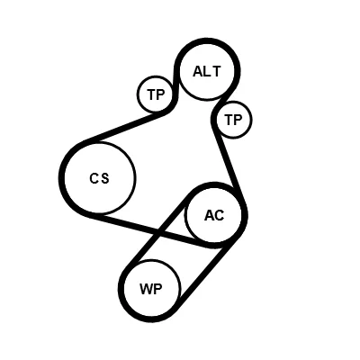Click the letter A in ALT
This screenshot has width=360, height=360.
198,71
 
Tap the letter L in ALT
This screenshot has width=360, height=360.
207,71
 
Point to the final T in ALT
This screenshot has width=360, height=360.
216,71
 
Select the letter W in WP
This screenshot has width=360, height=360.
146,289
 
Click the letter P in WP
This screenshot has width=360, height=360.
158,289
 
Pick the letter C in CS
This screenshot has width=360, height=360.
94,178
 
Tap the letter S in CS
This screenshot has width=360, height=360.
104,178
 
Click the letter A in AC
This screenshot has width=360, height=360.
210,215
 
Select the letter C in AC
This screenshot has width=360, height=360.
220,215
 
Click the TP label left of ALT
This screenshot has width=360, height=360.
156,94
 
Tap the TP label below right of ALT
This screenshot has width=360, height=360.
233,120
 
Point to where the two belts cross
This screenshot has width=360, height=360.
158,232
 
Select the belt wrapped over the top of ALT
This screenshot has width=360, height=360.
207,41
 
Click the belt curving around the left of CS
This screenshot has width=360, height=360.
61,177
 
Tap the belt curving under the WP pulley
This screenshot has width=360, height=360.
150,319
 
